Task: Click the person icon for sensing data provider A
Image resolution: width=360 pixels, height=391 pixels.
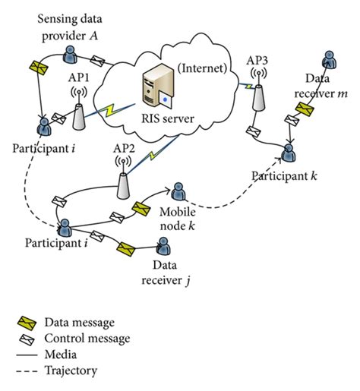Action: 70,53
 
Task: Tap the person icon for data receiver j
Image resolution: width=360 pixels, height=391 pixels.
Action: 163,246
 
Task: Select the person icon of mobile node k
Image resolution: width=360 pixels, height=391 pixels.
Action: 178,192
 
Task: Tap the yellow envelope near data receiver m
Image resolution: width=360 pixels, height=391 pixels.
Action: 304,112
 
